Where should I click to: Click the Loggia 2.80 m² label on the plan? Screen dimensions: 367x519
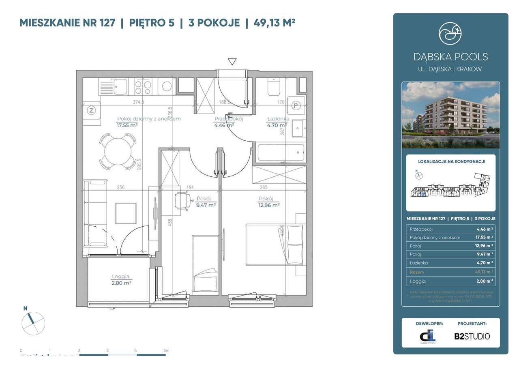tap(121, 280)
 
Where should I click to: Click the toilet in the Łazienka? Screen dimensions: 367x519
tap(272, 86)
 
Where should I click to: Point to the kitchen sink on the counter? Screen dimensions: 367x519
tap(120, 86)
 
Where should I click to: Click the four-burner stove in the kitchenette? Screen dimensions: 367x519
tap(143, 86)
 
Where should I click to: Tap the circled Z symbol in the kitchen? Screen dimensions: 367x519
tap(91, 110)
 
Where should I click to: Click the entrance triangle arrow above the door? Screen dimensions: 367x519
tap(232, 62)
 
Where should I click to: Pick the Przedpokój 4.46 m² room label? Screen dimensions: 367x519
tap(228, 122)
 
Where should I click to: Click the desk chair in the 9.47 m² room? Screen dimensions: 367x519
tap(183, 200)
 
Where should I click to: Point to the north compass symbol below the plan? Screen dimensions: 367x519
tap(33, 324)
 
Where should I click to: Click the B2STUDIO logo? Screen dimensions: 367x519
tap(472, 336)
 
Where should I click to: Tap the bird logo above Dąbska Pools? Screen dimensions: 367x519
tap(450, 34)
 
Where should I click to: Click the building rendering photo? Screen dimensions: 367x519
tap(450, 115)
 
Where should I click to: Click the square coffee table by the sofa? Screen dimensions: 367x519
tap(126, 213)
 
